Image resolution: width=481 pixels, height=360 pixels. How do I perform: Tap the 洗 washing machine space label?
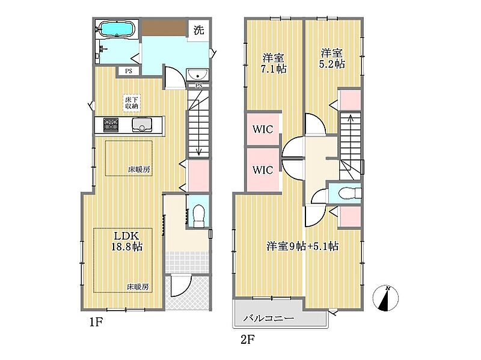[198, 30]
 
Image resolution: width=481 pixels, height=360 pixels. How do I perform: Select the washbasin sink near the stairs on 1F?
[197, 75]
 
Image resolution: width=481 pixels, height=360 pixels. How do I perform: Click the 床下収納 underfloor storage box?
[132, 103]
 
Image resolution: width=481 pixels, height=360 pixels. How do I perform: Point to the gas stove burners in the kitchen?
[111, 125]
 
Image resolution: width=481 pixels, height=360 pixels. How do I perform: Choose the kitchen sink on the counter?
[142, 125]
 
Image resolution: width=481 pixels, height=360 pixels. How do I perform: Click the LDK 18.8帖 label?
[127, 241]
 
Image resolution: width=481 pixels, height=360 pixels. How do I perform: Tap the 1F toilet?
[198, 216]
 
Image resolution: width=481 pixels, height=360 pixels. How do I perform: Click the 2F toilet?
[350, 193]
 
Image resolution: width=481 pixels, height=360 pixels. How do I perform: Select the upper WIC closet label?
[263, 129]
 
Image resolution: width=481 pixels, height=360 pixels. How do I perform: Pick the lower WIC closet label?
[263, 169]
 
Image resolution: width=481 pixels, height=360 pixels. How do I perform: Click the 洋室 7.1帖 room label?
[274, 64]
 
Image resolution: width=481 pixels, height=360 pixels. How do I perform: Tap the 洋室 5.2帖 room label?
[332, 58]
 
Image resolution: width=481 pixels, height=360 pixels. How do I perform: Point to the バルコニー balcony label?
[269, 318]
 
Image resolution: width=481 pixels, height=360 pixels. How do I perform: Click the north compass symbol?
[385, 297]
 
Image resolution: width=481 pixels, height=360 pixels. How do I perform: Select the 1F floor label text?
[96, 322]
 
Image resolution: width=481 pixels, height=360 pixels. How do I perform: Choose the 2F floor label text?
[248, 340]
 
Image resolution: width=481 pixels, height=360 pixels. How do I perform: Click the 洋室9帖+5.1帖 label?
[302, 246]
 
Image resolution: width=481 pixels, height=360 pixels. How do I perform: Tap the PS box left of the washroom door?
[129, 71]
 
